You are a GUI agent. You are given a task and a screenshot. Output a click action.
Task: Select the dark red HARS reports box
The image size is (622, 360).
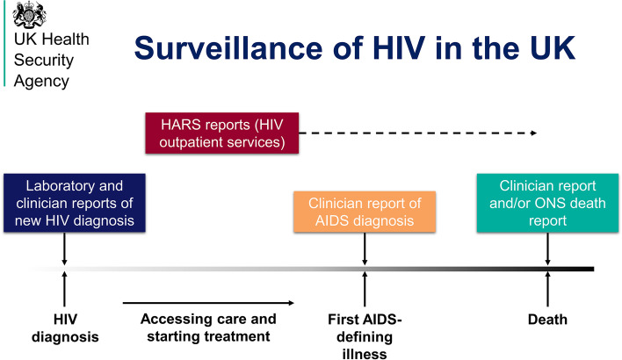coord(220,133)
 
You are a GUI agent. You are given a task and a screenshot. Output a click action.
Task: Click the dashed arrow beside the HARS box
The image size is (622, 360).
coord(416,133)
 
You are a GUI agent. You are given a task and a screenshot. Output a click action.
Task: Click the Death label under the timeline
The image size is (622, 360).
coord(547,320)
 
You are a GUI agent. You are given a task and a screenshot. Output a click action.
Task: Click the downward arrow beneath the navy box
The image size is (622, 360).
coord(64,249)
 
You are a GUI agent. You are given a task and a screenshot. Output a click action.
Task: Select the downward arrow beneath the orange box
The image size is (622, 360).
coord(364,249)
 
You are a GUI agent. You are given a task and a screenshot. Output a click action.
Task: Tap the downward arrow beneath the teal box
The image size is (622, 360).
coord(547,249)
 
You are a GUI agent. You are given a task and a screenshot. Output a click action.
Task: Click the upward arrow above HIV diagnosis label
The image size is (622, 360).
coord(64,289)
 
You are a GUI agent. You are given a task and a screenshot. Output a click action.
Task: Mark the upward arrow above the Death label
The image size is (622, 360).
coord(547,289)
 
